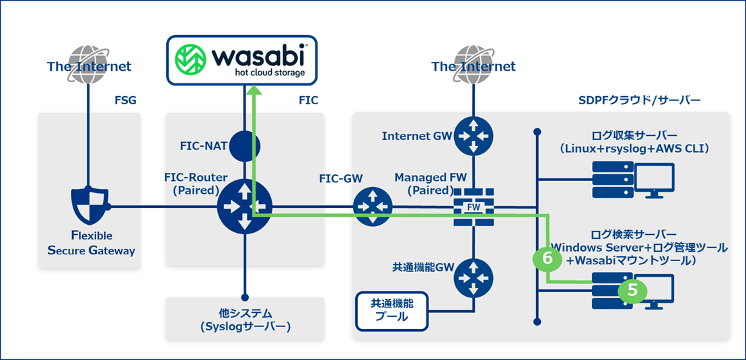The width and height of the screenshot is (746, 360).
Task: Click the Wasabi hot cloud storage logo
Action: (241, 60)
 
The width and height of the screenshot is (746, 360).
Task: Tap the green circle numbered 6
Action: (546, 258)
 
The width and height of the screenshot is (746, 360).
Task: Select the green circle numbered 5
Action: (632, 290)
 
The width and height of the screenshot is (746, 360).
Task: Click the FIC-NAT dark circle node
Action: (245, 144)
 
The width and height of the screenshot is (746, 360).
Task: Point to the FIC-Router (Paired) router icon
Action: (245, 206)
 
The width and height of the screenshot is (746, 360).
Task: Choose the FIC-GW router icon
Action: (373, 207)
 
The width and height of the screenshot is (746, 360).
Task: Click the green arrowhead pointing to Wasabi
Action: (253, 93)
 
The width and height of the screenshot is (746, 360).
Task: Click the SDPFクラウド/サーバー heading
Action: (640, 100)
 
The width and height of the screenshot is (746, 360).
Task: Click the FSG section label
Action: (125, 100)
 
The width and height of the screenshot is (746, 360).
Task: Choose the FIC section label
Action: (307, 100)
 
